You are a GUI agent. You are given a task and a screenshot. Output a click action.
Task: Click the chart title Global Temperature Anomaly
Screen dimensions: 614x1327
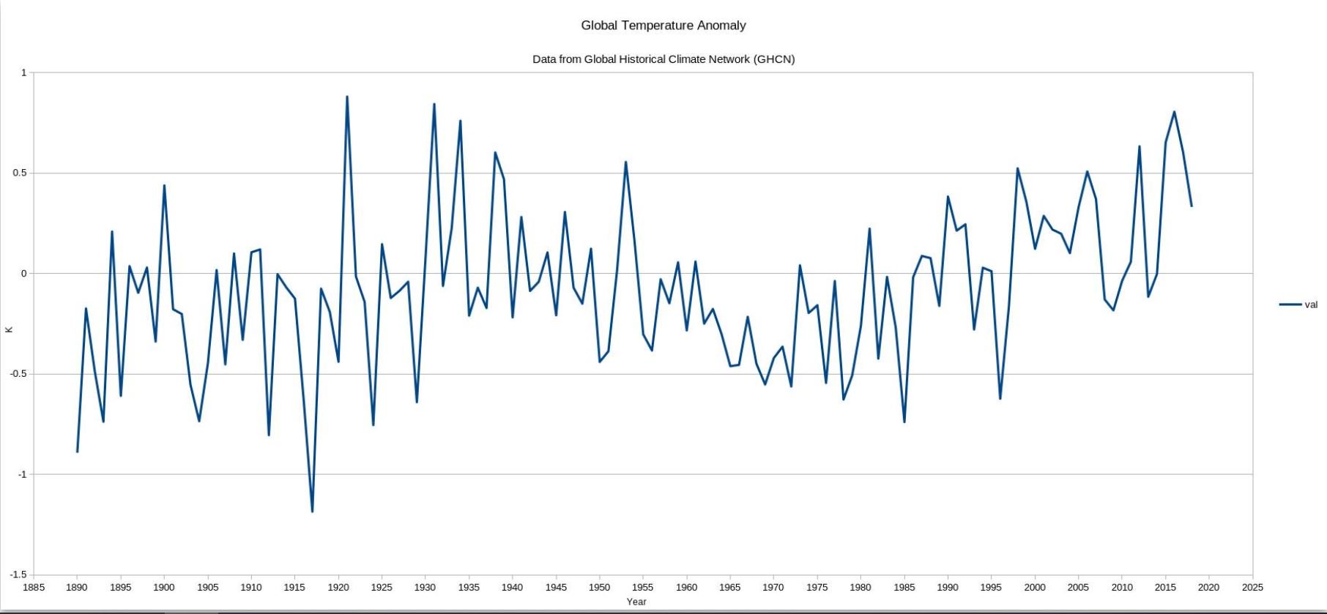(x=663, y=26)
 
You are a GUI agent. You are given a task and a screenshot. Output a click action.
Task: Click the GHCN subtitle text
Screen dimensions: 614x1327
(x=663, y=59)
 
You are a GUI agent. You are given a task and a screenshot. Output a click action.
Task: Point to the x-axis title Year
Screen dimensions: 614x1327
(x=636, y=602)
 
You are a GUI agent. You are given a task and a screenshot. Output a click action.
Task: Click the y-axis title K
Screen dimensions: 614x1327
(x=9, y=329)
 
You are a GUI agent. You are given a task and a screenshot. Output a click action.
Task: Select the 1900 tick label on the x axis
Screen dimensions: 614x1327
(x=163, y=587)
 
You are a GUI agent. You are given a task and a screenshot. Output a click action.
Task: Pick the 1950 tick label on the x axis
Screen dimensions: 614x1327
(x=599, y=587)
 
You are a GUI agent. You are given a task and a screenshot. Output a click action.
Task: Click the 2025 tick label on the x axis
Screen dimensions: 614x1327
(x=1252, y=587)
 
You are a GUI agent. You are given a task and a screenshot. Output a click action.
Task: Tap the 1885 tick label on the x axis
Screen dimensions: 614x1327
(x=34, y=587)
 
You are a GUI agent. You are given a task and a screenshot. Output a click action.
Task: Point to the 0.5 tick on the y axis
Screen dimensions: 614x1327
(x=19, y=173)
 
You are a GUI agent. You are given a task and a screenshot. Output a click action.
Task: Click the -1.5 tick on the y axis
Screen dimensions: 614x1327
(x=18, y=575)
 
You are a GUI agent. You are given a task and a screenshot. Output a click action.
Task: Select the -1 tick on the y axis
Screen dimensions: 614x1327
(x=22, y=475)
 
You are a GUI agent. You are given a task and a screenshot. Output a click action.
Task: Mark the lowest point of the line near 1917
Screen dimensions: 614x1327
(x=312, y=512)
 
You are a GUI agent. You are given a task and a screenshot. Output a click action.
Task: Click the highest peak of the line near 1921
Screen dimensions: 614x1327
(x=347, y=97)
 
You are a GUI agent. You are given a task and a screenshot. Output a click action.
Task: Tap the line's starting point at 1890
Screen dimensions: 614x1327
(x=77, y=452)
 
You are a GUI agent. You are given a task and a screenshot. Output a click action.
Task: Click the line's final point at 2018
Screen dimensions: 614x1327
(x=1192, y=206)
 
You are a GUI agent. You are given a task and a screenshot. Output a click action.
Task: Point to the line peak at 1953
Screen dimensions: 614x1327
(x=625, y=162)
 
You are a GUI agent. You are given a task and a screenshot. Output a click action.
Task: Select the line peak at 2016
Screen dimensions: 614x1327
(x=1174, y=112)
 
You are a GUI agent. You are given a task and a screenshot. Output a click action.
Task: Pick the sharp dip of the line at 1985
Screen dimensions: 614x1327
(x=904, y=422)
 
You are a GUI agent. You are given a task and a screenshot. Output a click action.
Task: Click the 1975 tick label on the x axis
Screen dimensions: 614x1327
(x=817, y=587)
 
